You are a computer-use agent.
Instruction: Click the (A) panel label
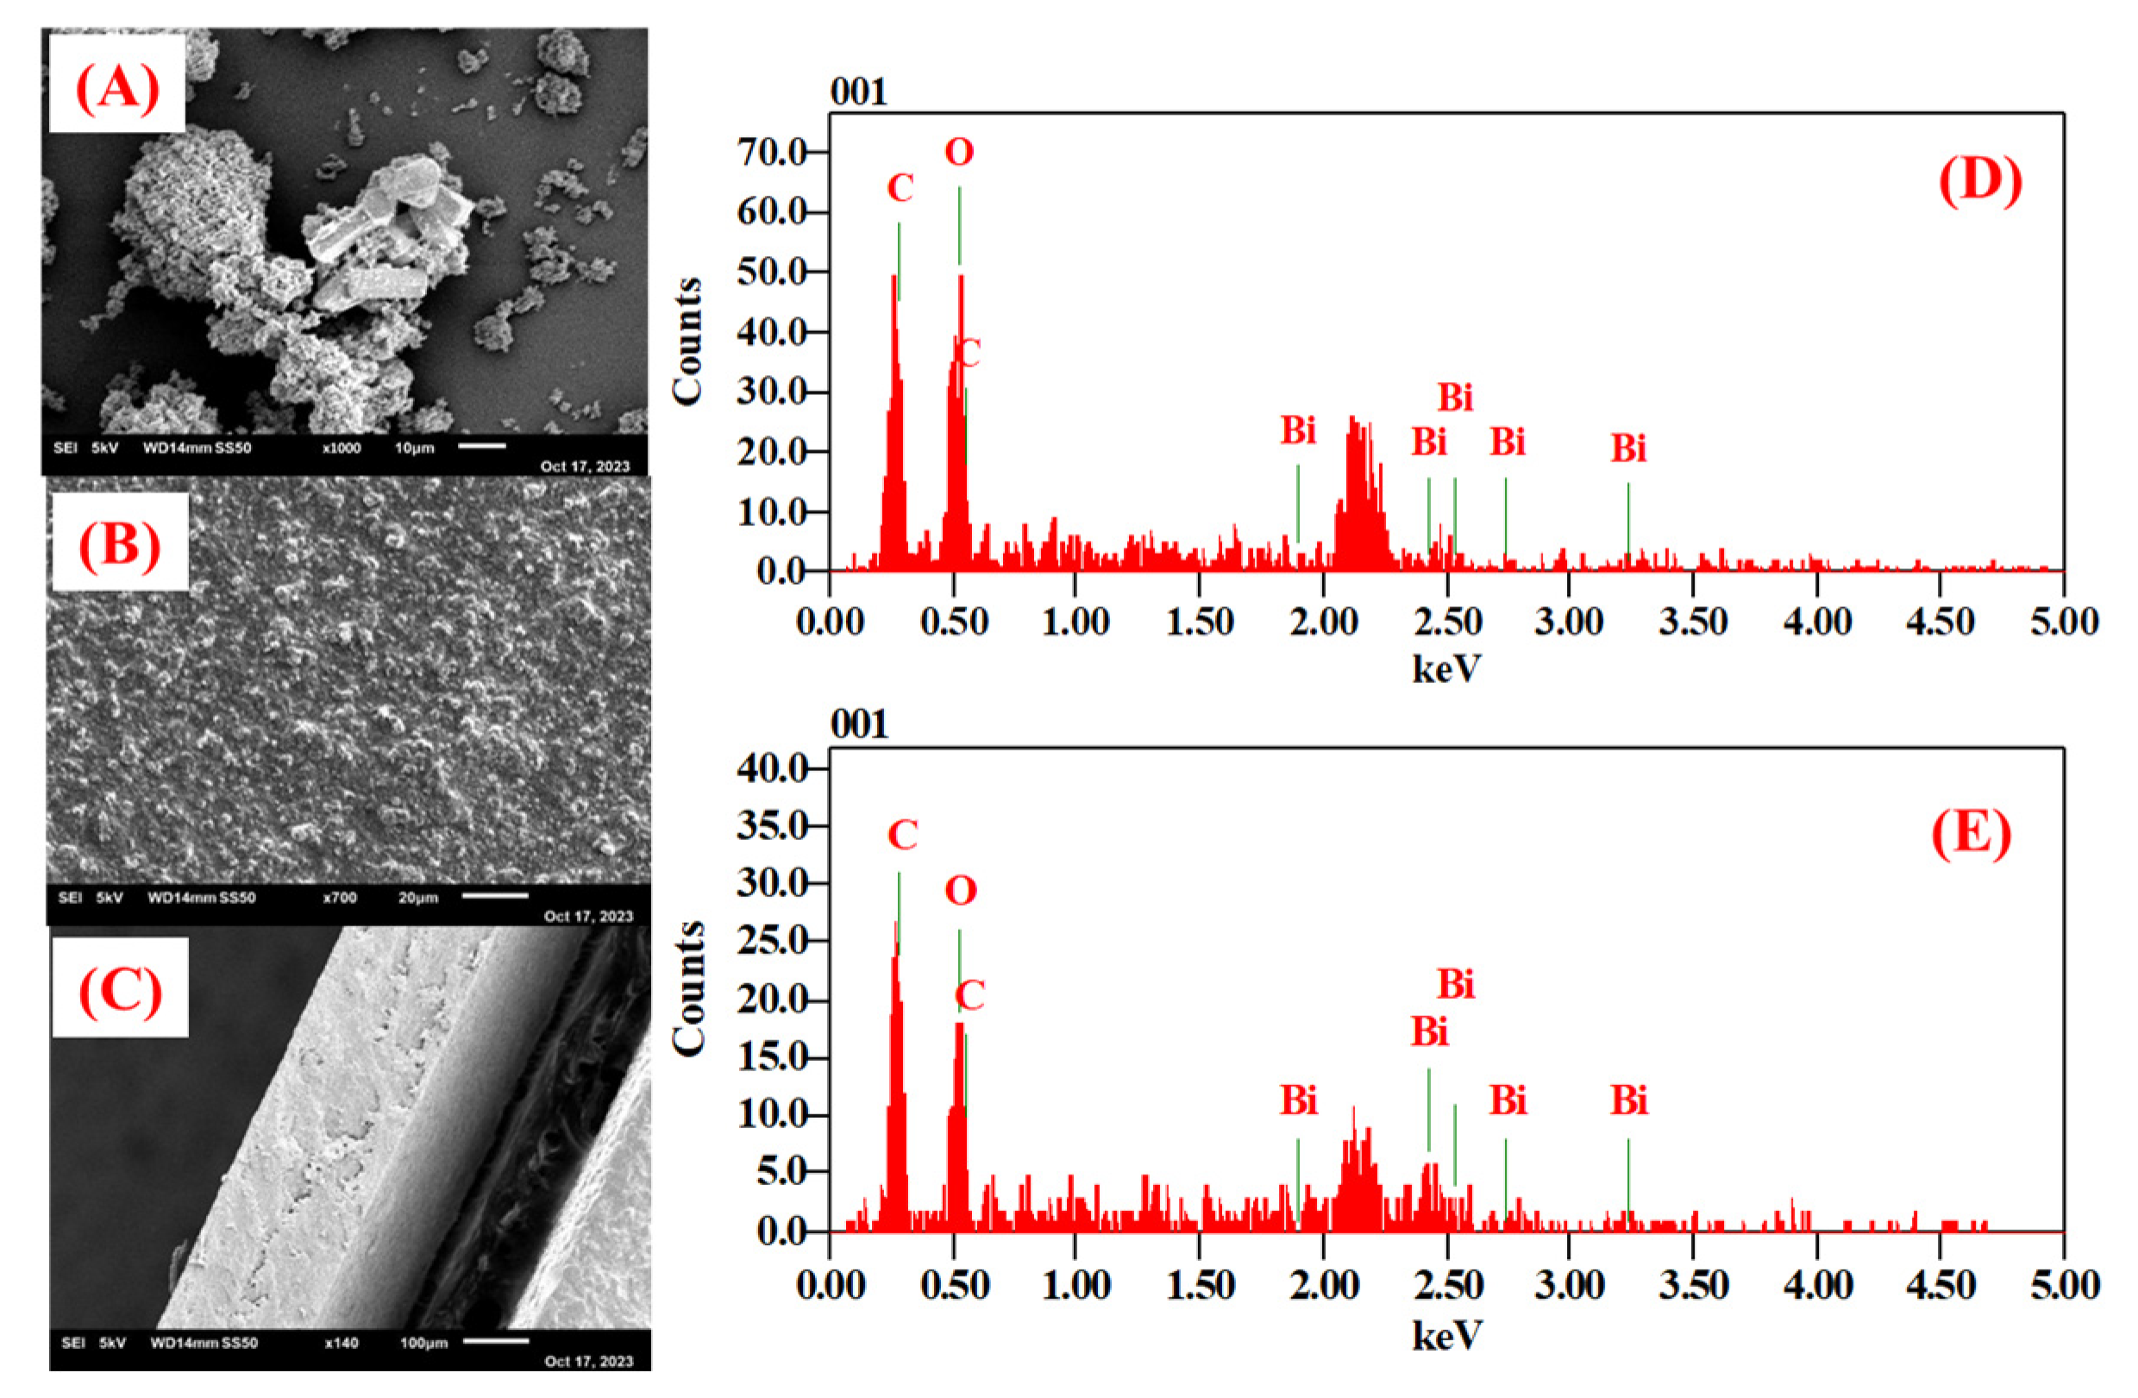[116, 88]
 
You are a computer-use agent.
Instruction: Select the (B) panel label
[120, 543]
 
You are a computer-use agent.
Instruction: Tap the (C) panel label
[121, 990]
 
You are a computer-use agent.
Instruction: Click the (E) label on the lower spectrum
[1971, 834]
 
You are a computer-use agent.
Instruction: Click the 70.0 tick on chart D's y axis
[773, 152]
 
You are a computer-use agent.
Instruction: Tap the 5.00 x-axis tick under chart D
[2064, 622]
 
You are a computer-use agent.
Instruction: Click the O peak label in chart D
[958, 153]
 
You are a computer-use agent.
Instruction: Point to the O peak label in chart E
[959, 891]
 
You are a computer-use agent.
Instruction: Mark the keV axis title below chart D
[1446, 668]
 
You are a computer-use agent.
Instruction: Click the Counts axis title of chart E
[688, 988]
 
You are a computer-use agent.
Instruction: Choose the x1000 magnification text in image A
[342, 448]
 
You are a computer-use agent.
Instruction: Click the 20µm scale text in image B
[417, 897]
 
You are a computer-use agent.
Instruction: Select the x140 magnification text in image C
[342, 1343]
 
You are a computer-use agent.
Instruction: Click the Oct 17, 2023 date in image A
[585, 466]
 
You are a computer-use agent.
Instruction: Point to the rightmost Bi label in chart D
[1627, 448]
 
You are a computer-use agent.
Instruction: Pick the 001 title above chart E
[859, 724]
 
